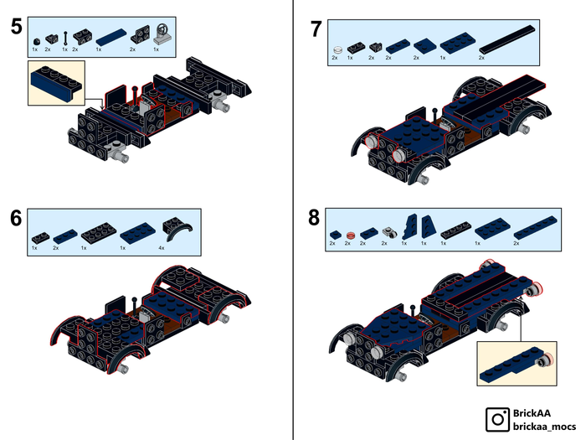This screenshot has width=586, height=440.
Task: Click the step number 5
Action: [17, 27]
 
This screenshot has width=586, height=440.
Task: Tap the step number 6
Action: [17, 218]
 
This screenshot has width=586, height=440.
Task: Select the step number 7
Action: [316, 28]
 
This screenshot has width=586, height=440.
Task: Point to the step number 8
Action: [314, 218]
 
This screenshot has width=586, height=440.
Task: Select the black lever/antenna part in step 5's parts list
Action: [64, 37]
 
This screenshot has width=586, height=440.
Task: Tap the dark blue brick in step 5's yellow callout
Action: [52, 84]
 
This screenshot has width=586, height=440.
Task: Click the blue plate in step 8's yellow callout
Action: [511, 360]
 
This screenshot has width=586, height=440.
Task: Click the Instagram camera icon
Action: [499, 417]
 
